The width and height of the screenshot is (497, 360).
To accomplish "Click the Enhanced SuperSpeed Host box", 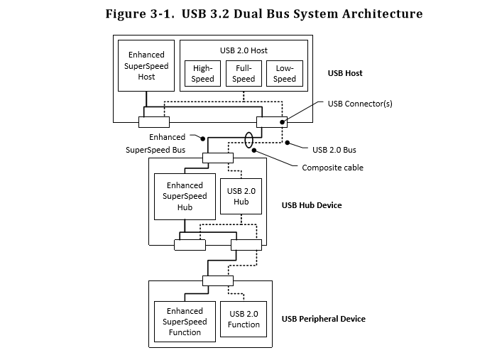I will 146,65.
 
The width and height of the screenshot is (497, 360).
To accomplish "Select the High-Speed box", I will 202,74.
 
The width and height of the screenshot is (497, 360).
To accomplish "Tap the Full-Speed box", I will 244,74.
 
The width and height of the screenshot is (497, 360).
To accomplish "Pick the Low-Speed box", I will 285,74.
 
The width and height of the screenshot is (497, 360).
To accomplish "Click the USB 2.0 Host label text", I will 244,50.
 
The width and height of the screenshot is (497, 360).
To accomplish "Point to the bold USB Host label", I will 345,73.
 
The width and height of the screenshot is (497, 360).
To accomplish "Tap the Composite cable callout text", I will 333,168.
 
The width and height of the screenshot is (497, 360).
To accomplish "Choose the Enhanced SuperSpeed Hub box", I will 185,196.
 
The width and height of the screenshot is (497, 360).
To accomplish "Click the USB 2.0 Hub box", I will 241,197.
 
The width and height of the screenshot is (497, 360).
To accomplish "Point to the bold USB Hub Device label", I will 312,205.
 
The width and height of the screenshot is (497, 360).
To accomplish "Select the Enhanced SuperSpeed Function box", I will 185,322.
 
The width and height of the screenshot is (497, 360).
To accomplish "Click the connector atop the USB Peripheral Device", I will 217,280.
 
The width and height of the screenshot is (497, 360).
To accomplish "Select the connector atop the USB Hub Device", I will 217,158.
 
